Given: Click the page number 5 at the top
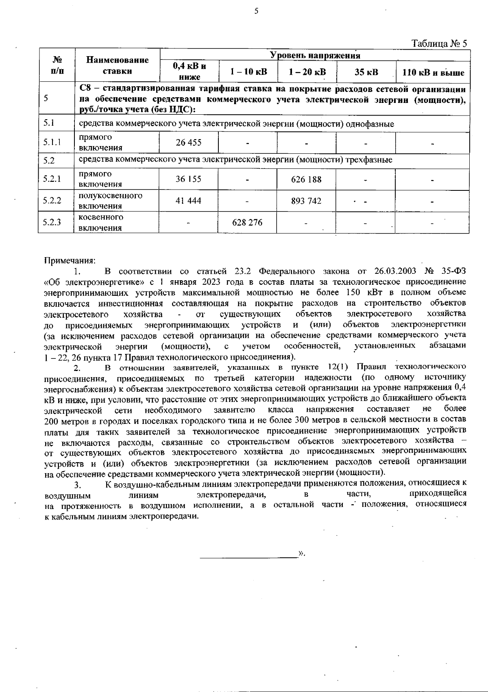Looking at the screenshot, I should click(256, 11).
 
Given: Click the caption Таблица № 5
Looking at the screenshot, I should click(439, 44).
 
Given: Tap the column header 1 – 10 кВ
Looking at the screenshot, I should click(248, 72).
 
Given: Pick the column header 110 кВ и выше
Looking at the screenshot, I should click(433, 73).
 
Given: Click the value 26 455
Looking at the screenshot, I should click(188, 143).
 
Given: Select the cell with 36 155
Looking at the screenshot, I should click(188, 179).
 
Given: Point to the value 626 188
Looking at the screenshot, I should click(306, 179).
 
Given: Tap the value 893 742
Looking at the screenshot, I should click(306, 201).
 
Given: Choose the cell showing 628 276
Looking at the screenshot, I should click(247, 223).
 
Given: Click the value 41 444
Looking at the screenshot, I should click(188, 201).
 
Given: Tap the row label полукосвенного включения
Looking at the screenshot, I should click(110, 201).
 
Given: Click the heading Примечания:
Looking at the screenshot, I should click(70, 260).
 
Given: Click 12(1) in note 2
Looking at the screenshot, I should click(338, 367).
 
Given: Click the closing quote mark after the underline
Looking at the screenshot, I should click(302, 553).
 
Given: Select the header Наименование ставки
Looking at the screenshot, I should click(118, 65).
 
